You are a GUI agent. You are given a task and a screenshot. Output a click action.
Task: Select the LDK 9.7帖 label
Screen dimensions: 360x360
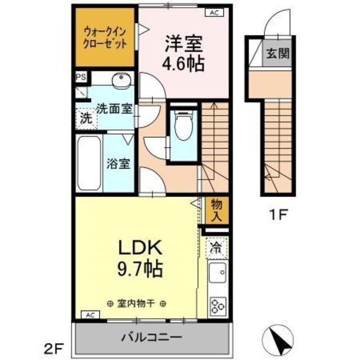click(140, 258)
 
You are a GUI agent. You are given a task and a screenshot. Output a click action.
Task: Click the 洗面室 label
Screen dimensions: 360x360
click(114, 109)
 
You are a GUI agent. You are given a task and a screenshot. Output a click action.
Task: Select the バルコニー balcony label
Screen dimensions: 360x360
click(151, 339)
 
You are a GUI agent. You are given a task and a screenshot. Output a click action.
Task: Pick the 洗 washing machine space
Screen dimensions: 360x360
click(85, 118)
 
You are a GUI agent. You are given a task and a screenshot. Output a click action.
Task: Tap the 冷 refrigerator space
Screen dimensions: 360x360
click(217, 246)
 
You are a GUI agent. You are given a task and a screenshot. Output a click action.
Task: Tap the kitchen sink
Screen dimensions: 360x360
click(217, 274)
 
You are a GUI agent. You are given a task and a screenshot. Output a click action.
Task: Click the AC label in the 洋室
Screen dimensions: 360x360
click(215, 11)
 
